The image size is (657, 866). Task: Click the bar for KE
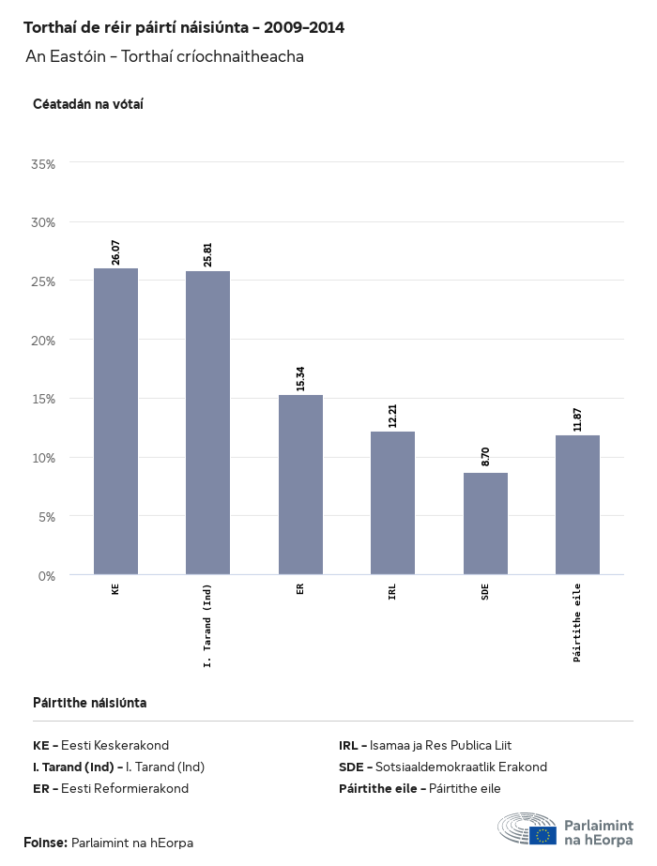[115, 421]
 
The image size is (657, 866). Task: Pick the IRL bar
[392, 503]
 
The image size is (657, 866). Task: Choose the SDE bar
[485, 524]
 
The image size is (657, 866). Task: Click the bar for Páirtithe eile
[577, 505]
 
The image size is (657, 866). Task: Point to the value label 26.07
[115, 252]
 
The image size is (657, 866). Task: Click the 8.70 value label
[485, 457]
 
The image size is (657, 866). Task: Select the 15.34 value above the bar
[300, 379]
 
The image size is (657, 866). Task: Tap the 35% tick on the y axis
[44, 164]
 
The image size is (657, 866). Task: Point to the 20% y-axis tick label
[44, 341]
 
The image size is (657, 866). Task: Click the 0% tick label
[48, 575]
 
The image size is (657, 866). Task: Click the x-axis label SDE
[485, 591]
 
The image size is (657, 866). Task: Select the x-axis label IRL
[392, 591]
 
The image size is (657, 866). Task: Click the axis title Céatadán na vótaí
[87, 104]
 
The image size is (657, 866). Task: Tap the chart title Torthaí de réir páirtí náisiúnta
[184, 28]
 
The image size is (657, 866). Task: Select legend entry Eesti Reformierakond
[125, 788]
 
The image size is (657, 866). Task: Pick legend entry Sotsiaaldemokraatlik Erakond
[461, 767]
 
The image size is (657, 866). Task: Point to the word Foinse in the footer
[45, 843]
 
